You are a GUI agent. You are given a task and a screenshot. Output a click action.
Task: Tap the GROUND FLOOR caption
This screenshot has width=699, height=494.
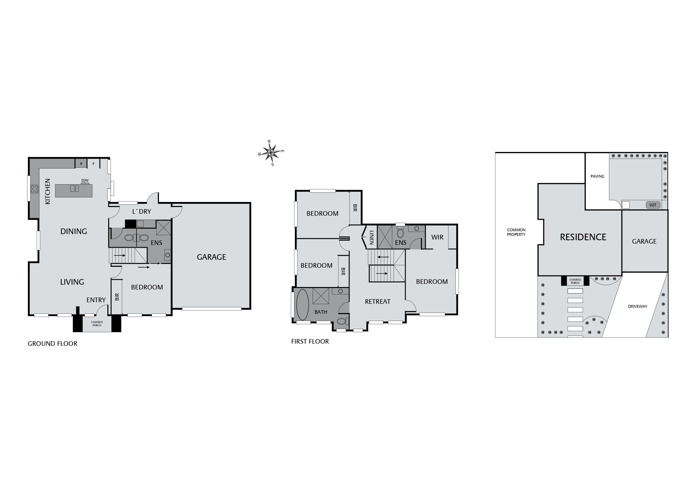[x=52, y=344]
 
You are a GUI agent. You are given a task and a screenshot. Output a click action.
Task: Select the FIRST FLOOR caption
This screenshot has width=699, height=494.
[x=310, y=341]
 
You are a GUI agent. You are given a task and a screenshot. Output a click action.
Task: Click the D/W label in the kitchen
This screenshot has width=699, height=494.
[x=85, y=180]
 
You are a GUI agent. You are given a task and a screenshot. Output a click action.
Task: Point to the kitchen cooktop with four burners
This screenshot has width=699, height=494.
[x=34, y=189]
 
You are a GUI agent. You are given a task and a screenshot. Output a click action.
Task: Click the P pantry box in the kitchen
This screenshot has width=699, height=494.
[x=81, y=164]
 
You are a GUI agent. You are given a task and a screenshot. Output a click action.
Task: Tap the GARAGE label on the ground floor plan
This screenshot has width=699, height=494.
[x=211, y=257]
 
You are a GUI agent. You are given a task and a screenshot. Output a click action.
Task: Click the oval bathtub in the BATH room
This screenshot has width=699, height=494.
[x=302, y=305]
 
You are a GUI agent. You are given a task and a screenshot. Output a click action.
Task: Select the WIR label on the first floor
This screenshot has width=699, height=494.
[x=437, y=237]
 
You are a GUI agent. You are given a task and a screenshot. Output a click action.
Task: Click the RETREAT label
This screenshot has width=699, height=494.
[x=377, y=302]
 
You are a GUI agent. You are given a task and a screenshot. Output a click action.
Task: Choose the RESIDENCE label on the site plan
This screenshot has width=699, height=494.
[x=583, y=237]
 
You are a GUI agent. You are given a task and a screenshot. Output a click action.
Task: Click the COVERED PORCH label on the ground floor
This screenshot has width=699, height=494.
[x=97, y=323]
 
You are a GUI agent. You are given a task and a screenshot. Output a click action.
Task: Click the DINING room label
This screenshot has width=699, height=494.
[x=74, y=231]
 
